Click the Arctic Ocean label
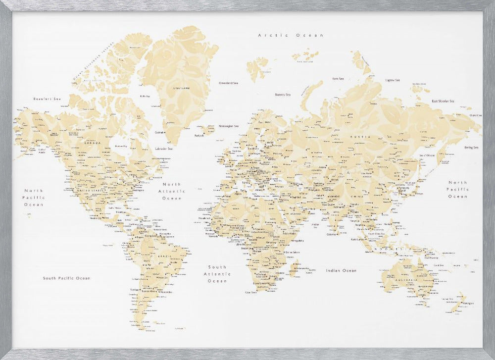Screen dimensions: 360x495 (x=291, y=36)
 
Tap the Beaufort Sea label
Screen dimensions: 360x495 (x=47, y=99)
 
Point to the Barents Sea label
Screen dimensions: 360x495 (x=283, y=95)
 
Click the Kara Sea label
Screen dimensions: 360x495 (x=338, y=78)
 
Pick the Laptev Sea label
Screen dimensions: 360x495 (x=393, y=80)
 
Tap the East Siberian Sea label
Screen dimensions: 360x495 (x=443, y=101)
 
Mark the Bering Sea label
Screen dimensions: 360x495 (x=471, y=148)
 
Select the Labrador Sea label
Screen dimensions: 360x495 (x=163, y=149)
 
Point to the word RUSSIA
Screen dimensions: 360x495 (x=357, y=137)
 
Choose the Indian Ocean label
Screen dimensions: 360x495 (x=341, y=270)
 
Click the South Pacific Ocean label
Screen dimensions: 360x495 (x=66, y=278)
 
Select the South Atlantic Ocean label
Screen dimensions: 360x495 (x=217, y=274)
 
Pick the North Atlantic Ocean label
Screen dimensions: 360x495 (x=172, y=191)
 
